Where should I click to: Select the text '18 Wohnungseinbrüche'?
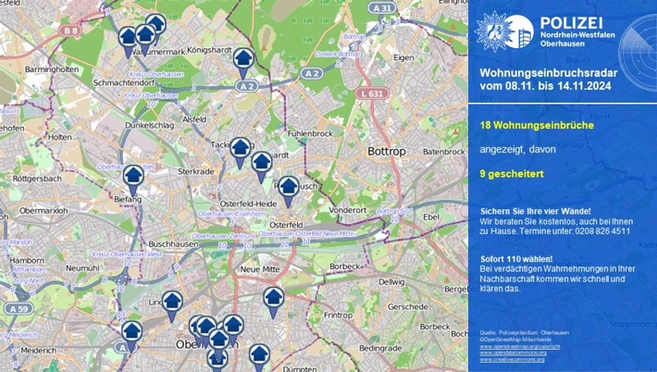coord(529,125)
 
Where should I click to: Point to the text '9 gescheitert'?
coord(510,173)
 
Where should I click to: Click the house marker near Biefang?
coord(134,177)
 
